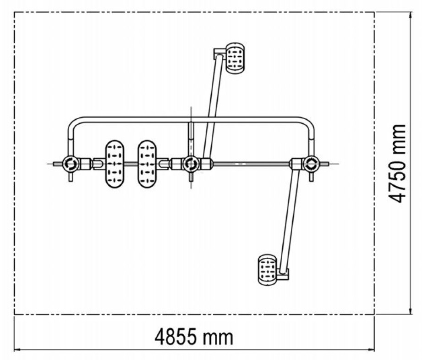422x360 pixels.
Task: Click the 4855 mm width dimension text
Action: (194, 337)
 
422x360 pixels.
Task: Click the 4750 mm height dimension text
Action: (397, 164)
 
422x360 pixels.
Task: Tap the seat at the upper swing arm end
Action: (235, 58)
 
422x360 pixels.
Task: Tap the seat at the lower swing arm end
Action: (267, 270)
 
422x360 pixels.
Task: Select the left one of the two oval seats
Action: (115, 164)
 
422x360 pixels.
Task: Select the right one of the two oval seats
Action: (147, 164)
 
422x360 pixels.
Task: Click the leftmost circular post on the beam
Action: (71, 164)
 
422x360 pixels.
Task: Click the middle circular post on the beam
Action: (191, 164)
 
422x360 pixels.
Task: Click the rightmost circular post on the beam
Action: (312, 164)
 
